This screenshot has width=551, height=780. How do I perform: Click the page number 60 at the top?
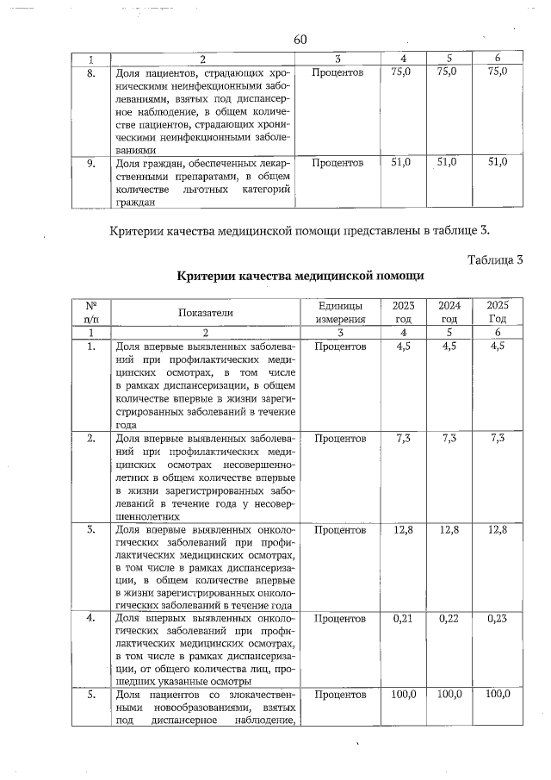(x=300, y=40)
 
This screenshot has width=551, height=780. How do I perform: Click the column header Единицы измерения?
(x=340, y=312)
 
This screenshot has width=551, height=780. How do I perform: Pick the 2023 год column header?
(x=403, y=312)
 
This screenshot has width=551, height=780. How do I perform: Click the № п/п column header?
(x=90, y=312)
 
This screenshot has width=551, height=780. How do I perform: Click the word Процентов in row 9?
(x=340, y=162)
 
